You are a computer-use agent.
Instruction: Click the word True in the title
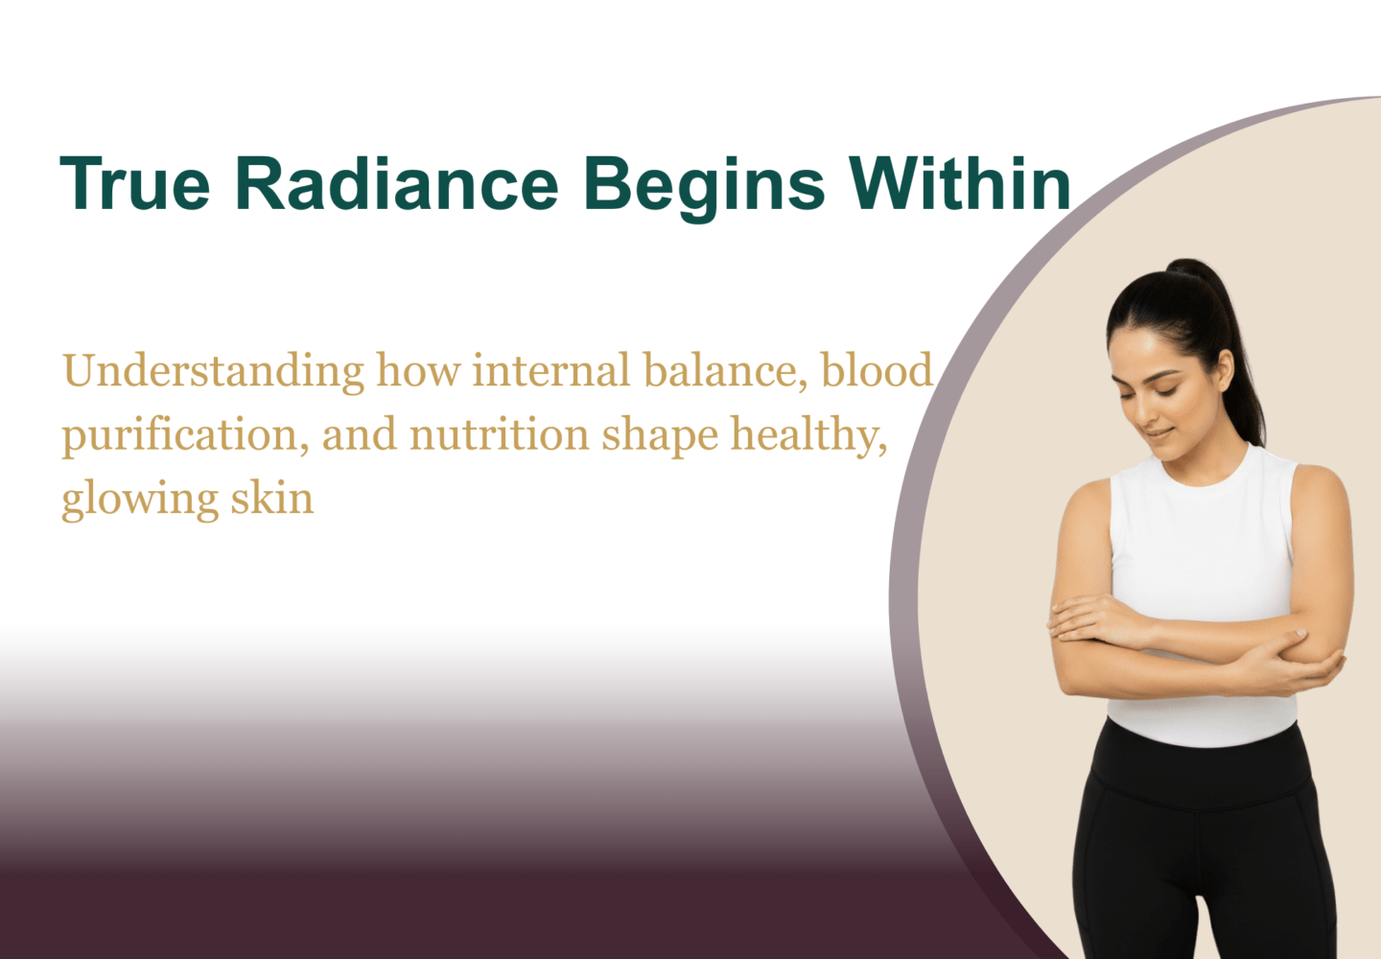tap(135, 184)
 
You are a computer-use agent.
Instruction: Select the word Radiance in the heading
tap(397, 183)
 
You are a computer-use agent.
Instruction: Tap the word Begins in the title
tap(704, 189)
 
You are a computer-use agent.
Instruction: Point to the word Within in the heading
tap(960, 183)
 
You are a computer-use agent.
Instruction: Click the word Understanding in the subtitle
tap(213, 372)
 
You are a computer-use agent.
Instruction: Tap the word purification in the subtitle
tap(186, 436)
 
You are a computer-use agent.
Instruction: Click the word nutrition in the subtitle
tap(500, 434)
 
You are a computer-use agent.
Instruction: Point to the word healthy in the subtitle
tap(808, 436)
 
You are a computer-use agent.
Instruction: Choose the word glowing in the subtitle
tap(140, 501)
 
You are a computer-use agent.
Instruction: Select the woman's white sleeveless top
tap(1203, 592)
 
